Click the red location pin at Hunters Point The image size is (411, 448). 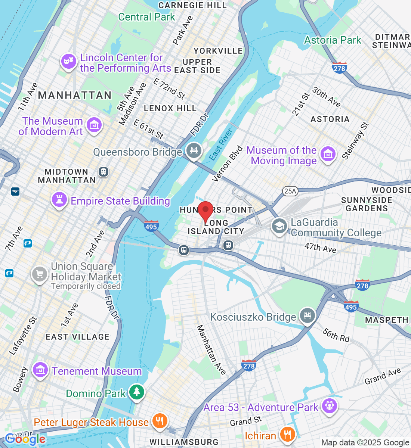tap(205, 211)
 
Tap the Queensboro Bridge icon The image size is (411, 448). tap(194, 151)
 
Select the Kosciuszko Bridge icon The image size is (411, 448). tap(307, 316)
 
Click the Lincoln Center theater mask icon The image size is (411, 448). tap(69, 62)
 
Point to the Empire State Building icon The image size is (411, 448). tap(59, 200)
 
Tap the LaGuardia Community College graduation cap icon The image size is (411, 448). tap(279, 227)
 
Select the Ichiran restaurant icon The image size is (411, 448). tap(287, 434)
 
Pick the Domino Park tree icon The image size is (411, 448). tap(137, 392)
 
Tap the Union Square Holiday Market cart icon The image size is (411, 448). tap(40, 274)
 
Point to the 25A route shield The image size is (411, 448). tap(290, 192)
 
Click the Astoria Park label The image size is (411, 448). tap(333, 40)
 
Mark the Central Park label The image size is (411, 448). tap(146, 17)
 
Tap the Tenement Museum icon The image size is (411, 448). tap(40, 370)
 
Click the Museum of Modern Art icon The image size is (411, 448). tap(94, 125)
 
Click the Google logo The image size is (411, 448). tap(25, 439)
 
